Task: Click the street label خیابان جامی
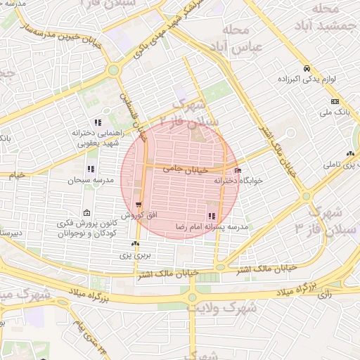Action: (186, 169)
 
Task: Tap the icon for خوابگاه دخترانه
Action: (238, 171)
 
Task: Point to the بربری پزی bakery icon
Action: (134, 243)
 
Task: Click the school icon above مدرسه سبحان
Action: (90, 169)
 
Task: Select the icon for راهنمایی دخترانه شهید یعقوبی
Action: (98, 122)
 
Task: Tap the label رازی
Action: (324, 295)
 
